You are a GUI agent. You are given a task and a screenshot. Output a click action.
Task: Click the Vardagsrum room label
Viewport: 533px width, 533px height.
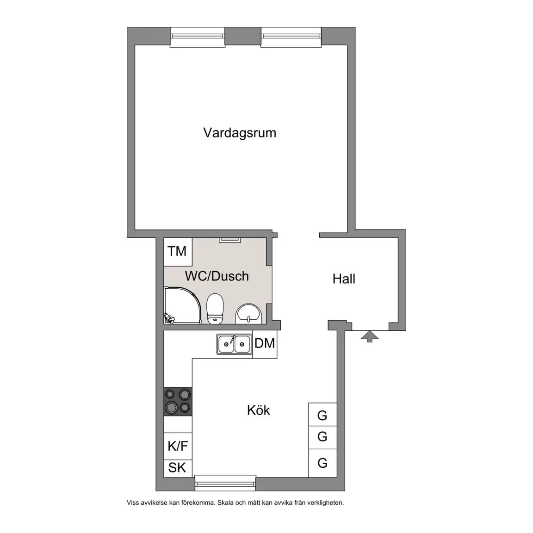coord(240,133)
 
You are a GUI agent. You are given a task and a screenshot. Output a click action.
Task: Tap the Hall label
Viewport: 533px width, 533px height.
coord(344,279)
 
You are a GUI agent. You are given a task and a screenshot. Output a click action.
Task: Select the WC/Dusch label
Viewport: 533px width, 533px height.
coord(217,276)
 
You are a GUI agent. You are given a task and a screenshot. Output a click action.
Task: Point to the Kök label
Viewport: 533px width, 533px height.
coord(258,410)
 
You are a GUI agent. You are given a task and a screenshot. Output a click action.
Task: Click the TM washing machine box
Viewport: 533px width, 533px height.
coord(178,252)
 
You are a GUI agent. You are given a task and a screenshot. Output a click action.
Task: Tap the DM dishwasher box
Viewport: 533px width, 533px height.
coord(265,344)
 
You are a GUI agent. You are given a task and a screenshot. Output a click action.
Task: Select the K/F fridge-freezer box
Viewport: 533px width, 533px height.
coord(178,446)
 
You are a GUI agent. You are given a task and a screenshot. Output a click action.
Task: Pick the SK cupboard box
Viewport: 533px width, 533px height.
coord(178,468)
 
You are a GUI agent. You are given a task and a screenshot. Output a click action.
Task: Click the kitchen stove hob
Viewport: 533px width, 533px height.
coord(178,402)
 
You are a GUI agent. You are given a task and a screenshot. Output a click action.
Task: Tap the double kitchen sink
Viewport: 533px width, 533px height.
coord(234,344)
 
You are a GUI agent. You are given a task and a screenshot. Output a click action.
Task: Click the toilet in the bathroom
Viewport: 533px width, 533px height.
coord(215,309)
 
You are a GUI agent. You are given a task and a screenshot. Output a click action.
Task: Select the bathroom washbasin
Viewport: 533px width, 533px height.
coord(249,313)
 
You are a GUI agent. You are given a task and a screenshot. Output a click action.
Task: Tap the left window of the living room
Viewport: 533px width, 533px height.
coord(198,37)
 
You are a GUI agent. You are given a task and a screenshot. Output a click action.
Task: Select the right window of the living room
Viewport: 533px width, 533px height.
coord(291,37)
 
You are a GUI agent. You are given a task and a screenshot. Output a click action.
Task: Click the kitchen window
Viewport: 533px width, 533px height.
coord(225,483)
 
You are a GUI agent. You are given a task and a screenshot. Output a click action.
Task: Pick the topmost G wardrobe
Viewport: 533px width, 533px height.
coord(322,415)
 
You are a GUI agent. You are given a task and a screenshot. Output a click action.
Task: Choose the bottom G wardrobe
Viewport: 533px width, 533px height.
coord(322,463)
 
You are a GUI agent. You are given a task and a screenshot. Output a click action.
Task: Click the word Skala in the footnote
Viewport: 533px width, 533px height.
coord(226,502)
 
